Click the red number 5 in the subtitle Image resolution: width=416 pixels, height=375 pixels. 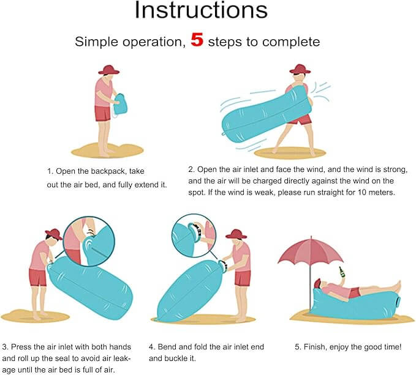point(197,40)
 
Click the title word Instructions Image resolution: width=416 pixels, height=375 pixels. point(201,10)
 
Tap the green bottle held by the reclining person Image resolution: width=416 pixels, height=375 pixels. point(341,272)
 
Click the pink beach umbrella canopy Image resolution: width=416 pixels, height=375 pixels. point(311,252)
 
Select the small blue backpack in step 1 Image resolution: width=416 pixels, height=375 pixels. point(121,104)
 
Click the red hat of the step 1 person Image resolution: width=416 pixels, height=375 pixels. point(109,70)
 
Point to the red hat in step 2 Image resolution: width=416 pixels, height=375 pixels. point(300,69)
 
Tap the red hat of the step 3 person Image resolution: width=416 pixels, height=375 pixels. point(54,234)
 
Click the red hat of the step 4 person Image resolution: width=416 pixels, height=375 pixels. point(236,234)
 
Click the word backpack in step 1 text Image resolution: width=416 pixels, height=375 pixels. point(108,171)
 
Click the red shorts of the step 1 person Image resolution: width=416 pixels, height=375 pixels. point(103,113)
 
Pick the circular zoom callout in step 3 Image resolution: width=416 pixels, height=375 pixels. point(89,241)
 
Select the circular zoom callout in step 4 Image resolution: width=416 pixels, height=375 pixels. point(194,236)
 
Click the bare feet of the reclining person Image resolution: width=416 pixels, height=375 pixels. point(396,286)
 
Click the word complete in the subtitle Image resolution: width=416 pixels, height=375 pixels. point(291,42)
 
